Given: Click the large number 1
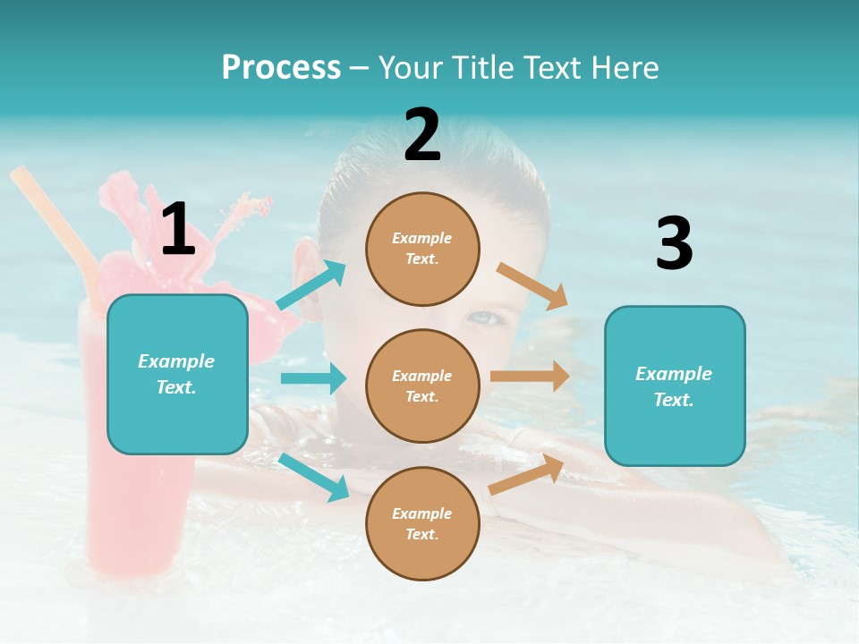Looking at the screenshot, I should (178, 230).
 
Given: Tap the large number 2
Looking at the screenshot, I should (422, 135).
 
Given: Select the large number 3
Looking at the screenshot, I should (674, 244).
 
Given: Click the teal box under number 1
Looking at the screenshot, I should (177, 374).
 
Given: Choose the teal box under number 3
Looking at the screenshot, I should (675, 386).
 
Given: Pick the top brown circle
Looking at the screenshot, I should (422, 249).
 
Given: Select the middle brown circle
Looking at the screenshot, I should (422, 386).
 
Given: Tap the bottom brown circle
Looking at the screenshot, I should (422, 523).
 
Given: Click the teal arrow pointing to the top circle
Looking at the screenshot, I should (312, 284).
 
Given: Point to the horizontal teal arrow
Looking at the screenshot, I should (314, 378).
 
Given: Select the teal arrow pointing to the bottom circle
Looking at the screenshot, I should (315, 477).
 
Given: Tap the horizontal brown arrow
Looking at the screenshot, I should (530, 377).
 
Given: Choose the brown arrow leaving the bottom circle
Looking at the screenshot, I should (527, 474).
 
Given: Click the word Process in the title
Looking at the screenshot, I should (281, 67).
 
